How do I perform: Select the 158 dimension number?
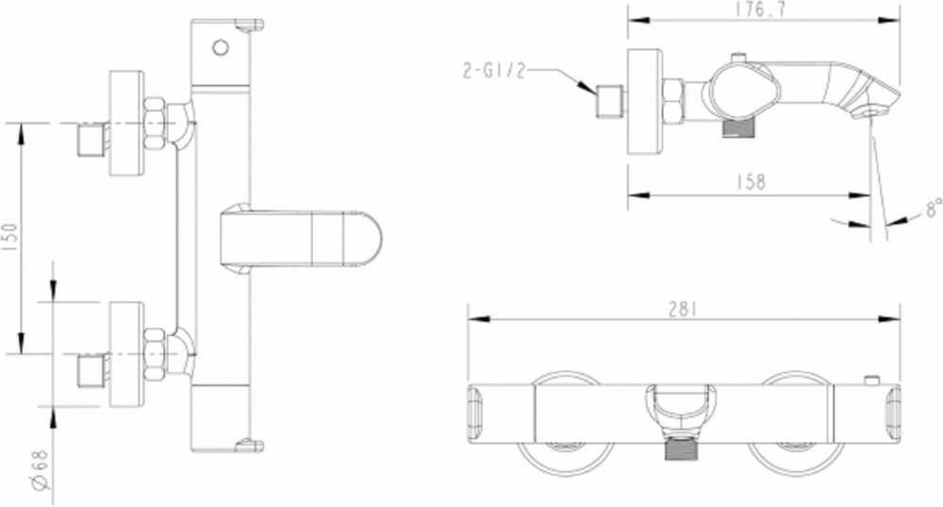pos(751,182)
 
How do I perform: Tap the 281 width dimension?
pos(682,309)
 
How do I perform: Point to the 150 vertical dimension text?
pos(10,237)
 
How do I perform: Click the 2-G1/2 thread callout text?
pos(494,71)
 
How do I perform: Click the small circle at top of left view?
pos(221,47)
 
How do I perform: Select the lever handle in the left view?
pos(301,238)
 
